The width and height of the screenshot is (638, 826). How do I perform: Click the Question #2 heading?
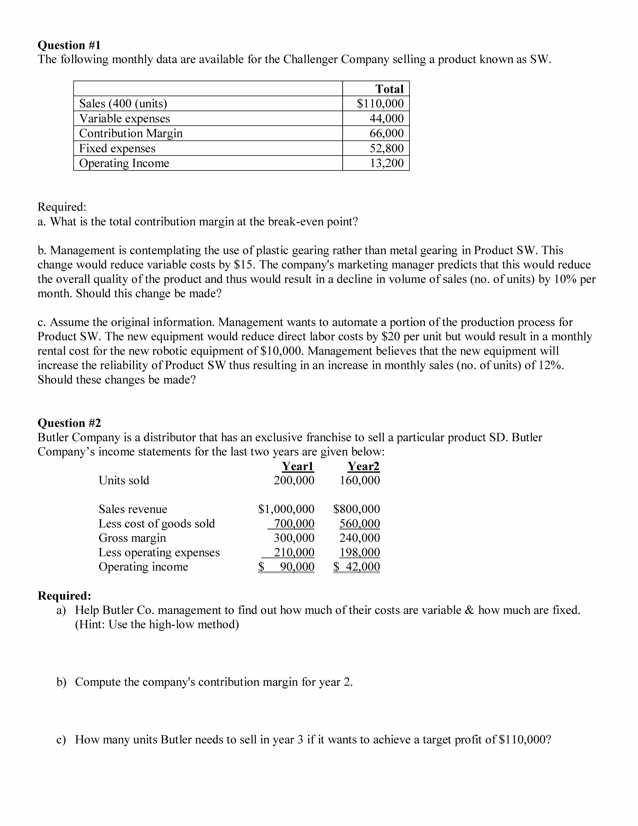[69, 423]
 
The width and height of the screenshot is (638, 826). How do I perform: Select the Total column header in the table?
[389, 89]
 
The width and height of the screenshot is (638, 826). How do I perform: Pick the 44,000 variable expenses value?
[386, 118]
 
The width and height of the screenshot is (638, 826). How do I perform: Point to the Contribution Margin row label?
[131, 133]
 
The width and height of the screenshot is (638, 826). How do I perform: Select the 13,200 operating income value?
[386, 163]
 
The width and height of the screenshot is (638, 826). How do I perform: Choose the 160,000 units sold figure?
[360, 480]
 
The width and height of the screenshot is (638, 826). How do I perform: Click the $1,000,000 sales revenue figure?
[286, 509]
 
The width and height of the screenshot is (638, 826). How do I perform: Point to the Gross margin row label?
[132, 538]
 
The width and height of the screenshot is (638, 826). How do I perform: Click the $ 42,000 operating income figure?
[356, 567]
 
